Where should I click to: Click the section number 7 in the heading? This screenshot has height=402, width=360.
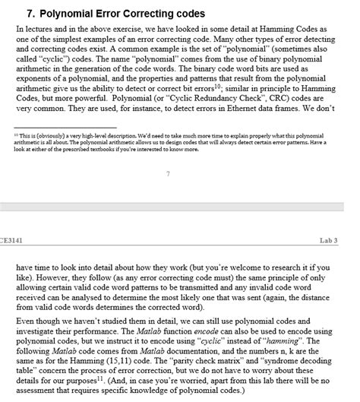[30, 14]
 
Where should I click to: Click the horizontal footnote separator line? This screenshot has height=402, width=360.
[66, 127]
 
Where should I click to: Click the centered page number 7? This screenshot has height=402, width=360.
[168, 174]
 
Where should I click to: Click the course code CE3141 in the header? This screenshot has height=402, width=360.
[11, 241]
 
